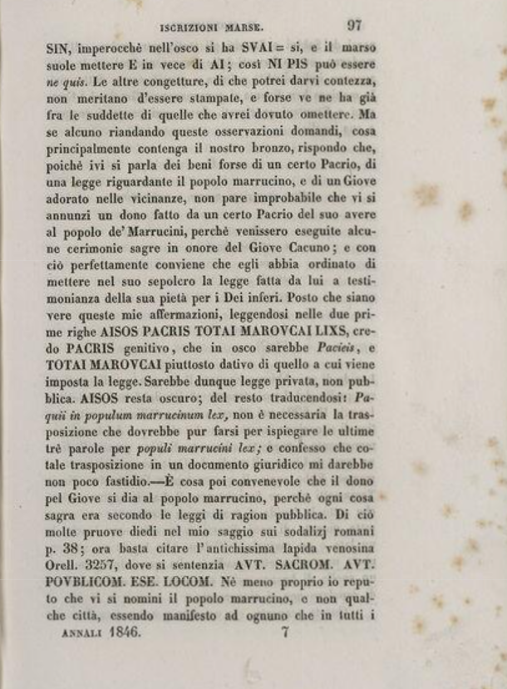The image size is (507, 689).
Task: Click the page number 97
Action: [354, 25]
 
